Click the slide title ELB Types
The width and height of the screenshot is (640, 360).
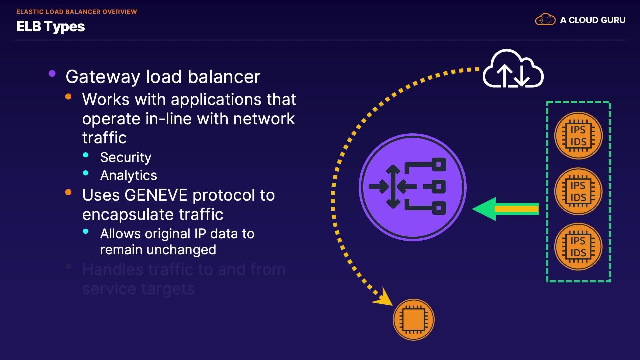(51, 27)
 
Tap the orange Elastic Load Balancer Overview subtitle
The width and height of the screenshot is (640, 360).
(76, 12)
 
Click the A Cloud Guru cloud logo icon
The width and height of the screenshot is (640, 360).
(545, 20)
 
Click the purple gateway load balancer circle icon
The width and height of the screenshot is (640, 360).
(412, 187)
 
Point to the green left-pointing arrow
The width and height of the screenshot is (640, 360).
(505, 209)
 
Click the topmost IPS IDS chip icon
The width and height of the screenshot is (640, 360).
(578, 136)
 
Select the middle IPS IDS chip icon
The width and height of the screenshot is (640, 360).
(578, 191)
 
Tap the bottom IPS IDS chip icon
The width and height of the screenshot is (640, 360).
(578, 247)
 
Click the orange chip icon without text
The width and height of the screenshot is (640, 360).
(414, 319)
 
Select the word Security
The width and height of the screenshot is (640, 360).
(126, 157)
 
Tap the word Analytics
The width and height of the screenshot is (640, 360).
(128, 175)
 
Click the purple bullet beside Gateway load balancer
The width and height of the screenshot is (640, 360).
(52, 73)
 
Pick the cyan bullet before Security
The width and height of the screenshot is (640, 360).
(86, 155)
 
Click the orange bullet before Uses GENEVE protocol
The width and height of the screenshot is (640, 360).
(68, 192)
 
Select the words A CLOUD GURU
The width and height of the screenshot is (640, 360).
(593, 20)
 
